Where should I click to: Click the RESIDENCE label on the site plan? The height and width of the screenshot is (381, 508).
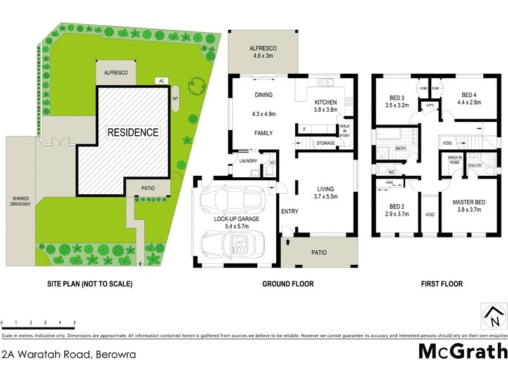point(133,133)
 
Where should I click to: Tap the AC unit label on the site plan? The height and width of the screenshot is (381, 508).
point(162,81)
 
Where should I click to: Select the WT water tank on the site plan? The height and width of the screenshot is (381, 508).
point(175,99)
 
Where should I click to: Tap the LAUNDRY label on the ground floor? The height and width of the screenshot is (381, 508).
point(248,161)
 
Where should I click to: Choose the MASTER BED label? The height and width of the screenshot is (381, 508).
point(469,206)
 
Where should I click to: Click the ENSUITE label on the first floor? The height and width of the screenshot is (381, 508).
point(475,165)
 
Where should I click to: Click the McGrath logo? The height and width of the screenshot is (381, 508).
point(462,351)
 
